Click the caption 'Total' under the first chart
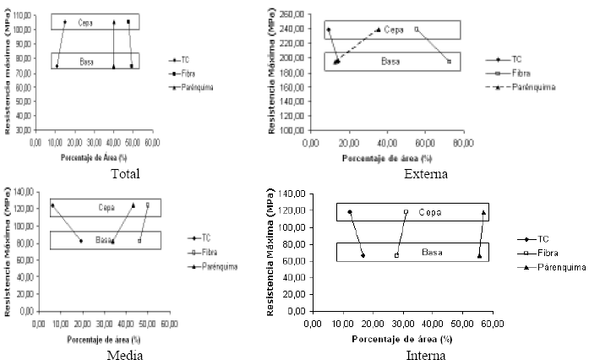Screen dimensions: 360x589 [124, 174]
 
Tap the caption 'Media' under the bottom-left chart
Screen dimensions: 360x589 [124, 354]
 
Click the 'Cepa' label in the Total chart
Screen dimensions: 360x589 [84, 22]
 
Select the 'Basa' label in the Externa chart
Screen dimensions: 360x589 [390, 62]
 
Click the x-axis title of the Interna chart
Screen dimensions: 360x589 [396, 337]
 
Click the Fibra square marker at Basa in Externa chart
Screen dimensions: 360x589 [449, 61]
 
